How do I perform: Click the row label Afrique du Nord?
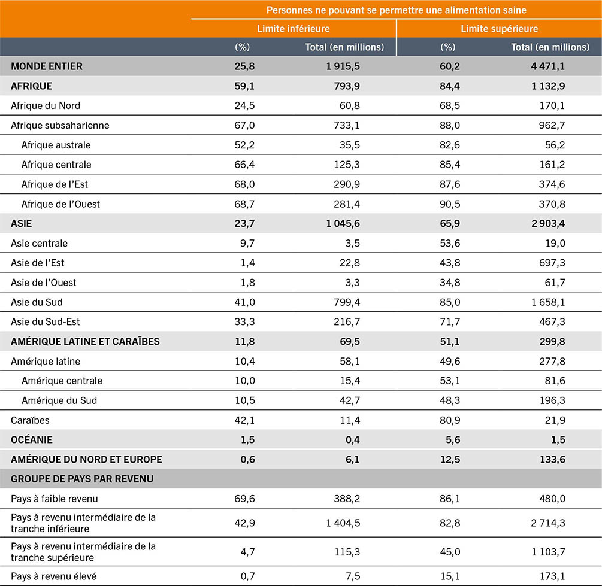[46, 105]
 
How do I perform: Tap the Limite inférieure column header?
[294, 28]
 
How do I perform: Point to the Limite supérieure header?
[499, 28]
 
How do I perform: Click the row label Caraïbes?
[31, 420]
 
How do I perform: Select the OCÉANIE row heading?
[32, 439]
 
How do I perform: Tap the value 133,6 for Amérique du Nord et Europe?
[551, 459]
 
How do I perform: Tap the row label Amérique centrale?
[62, 381]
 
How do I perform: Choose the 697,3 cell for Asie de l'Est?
[551, 263]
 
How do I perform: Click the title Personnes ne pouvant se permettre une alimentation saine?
[397, 10]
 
